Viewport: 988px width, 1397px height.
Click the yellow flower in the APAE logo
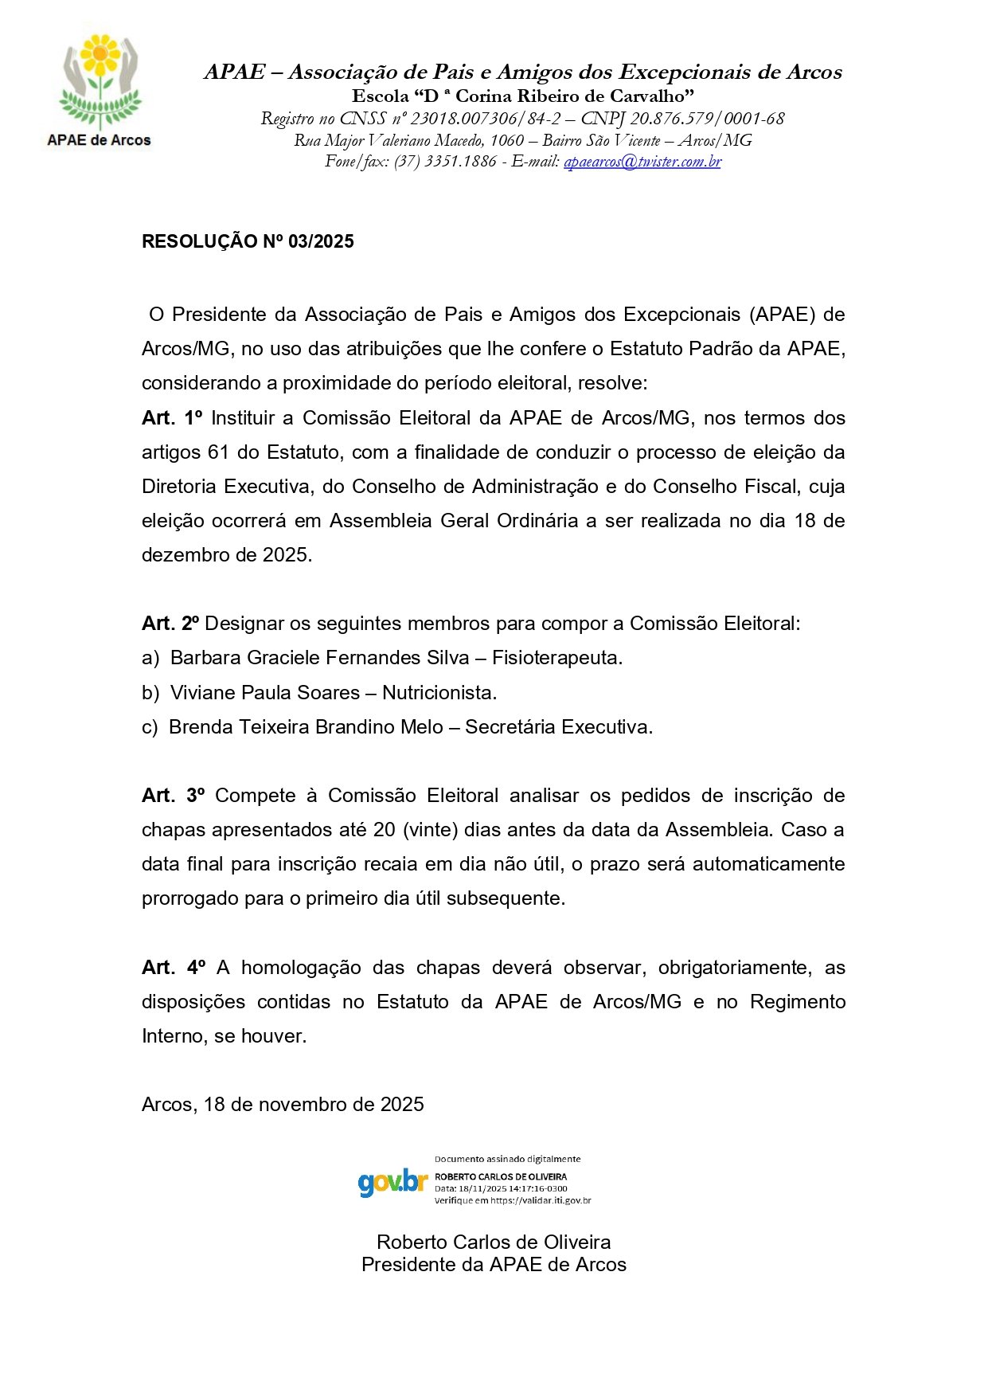100,54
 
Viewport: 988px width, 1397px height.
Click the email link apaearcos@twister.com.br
642,162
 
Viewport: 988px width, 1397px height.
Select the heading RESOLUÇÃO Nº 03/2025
248,242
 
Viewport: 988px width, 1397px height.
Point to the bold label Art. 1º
172,418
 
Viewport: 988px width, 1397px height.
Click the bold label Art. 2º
170,624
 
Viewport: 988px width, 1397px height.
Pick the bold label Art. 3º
173,796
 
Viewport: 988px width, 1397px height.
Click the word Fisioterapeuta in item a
556,658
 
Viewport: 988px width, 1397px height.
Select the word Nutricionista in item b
439,693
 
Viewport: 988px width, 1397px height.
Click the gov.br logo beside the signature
392,1182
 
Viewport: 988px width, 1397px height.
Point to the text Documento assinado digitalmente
507,1160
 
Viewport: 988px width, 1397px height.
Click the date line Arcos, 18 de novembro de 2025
283,1105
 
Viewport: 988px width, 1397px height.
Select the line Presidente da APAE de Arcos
494,1265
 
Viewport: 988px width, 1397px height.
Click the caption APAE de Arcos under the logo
99,140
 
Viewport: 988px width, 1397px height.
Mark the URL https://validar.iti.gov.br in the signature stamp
541,1200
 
